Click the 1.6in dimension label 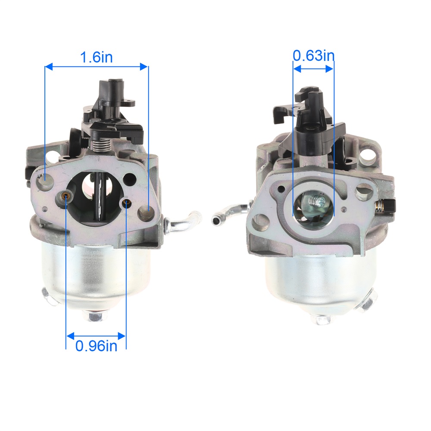tap(96, 57)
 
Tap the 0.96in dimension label tap(96, 346)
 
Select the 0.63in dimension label tap(313, 56)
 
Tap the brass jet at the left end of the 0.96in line tap(66, 196)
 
